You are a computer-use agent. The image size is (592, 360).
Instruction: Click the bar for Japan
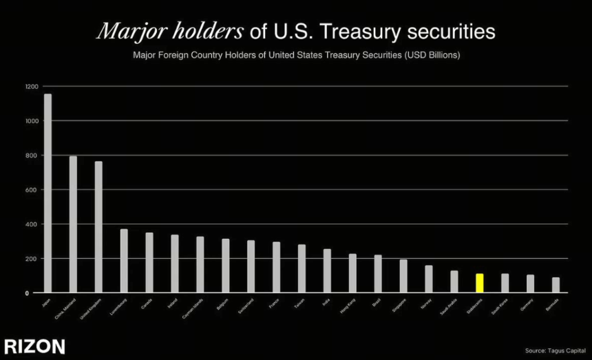(x=47, y=193)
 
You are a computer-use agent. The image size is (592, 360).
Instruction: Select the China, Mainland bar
(x=73, y=224)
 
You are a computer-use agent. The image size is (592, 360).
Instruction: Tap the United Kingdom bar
(x=98, y=226)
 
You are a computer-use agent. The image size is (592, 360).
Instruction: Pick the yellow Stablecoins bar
(x=480, y=283)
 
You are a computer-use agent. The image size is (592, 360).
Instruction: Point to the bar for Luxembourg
(x=124, y=261)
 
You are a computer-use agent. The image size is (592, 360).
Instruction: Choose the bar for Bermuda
(x=556, y=285)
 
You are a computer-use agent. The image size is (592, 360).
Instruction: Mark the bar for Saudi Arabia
(x=454, y=282)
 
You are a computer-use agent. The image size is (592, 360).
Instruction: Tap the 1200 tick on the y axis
(x=32, y=87)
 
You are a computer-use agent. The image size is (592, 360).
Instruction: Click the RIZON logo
(x=34, y=346)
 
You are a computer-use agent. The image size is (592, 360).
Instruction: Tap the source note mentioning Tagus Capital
(x=555, y=350)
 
